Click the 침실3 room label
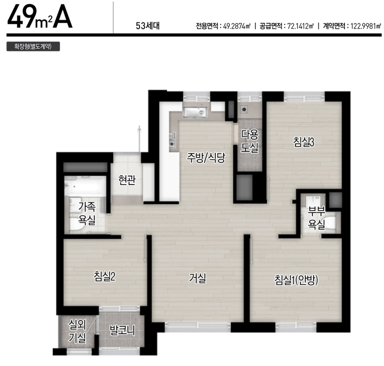click(303, 142)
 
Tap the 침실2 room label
click(104, 276)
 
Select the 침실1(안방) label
click(296, 280)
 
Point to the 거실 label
click(197, 278)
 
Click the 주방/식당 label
click(206, 158)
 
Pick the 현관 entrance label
click(127, 180)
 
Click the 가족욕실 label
click(87, 214)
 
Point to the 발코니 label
click(122, 331)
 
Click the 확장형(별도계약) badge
click(33, 47)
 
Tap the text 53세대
click(148, 26)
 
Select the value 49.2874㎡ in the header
click(237, 26)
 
